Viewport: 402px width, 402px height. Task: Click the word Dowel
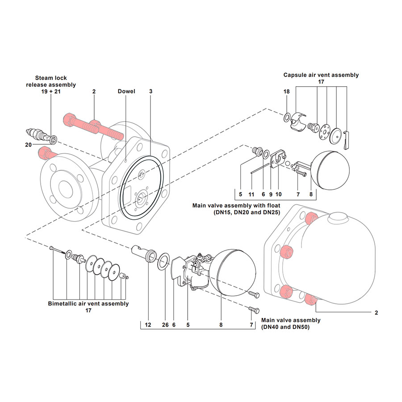tap(126, 92)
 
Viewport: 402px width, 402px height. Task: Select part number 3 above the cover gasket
tap(151, 92)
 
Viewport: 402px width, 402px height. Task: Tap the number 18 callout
tap(286, 92)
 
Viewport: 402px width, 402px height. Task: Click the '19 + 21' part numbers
tap(50, 92)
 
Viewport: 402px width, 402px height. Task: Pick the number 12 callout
tap(148, 325)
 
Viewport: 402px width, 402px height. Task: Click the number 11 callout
tap(251, 195)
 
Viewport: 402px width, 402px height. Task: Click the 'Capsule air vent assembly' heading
tap(321, 75)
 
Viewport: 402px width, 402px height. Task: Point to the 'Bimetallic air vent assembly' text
tap(88, 304)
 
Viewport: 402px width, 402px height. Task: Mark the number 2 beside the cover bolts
tap(376, 313)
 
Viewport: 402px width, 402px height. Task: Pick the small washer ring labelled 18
tap(286, 117)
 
